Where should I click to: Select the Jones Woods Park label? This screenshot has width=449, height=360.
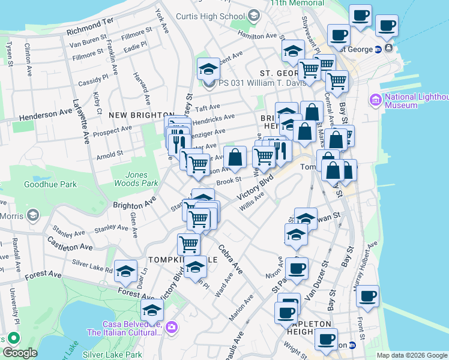click(x=136, y=179)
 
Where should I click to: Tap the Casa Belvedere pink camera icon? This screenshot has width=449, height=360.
click(x=172, y=326)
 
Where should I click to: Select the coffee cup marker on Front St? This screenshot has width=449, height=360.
click(x=367, y=296)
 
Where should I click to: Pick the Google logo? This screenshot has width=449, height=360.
click(x=20, y=353)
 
